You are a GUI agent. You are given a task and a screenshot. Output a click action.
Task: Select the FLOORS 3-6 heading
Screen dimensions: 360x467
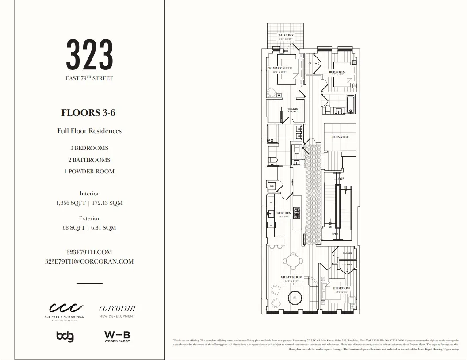pos(89,113)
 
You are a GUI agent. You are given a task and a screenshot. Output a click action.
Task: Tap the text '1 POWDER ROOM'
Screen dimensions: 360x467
pos(89,172)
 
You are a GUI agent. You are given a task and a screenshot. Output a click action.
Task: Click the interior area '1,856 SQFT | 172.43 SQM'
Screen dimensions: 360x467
pos(89,203)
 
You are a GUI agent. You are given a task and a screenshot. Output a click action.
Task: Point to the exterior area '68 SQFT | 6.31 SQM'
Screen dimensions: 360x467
pos(89,228)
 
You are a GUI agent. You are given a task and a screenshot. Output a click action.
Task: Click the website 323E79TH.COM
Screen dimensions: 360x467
pos(89,252)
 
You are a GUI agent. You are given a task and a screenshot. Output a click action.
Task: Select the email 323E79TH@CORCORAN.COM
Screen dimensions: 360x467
pos(89,261)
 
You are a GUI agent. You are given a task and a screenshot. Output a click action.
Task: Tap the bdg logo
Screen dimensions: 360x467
pos(65,336)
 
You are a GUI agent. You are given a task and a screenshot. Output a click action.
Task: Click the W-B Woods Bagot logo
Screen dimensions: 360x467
pos(117,337)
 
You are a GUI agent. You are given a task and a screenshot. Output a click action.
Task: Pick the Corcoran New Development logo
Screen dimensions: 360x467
pos(117,311)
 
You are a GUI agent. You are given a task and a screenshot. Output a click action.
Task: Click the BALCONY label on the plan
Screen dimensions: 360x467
pos(286,35)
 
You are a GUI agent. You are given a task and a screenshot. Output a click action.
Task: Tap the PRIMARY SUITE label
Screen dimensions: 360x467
pos(279,68)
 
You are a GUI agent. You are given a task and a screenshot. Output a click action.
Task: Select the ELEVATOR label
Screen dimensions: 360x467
pos(340,137)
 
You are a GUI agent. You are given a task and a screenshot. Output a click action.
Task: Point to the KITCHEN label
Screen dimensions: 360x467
pos(284,213)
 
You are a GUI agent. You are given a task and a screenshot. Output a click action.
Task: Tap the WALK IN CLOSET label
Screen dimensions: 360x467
pos(293,110)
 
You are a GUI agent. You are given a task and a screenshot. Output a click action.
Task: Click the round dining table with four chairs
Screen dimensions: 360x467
pos(292,259)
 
